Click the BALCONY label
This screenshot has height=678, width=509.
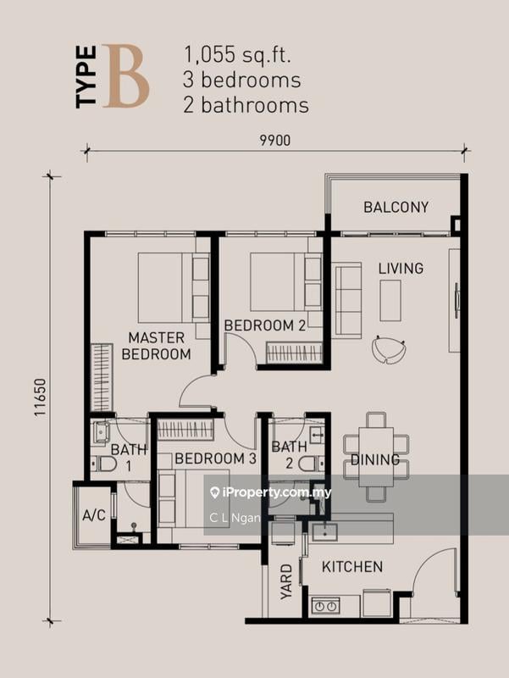tap(396, 207)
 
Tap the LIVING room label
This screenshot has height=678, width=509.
tap(401, 269)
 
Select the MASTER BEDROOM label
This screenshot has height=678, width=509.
tap(156, 346)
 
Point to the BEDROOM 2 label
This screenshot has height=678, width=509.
tap(265, 325)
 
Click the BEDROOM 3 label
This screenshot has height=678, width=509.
tap(216, 458)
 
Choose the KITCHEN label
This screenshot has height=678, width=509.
tap(352, 567)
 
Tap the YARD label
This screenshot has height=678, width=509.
tap(286, 581)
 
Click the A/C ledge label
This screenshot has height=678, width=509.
tap(94, 515)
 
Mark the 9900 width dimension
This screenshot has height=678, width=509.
tap(274, 141)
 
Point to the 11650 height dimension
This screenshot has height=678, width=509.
tap(41, 397)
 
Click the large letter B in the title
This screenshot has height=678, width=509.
tap(125, 76)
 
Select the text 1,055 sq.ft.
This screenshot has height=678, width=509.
tap(237, 55)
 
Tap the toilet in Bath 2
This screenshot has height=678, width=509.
tap(311, 464)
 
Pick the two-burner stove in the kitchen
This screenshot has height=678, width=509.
tap(326, 605)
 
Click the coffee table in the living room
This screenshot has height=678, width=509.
tap(390, 301)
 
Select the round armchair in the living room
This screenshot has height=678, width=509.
tap(389, 350)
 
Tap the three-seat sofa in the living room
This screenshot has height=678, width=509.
tap(346, 301)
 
